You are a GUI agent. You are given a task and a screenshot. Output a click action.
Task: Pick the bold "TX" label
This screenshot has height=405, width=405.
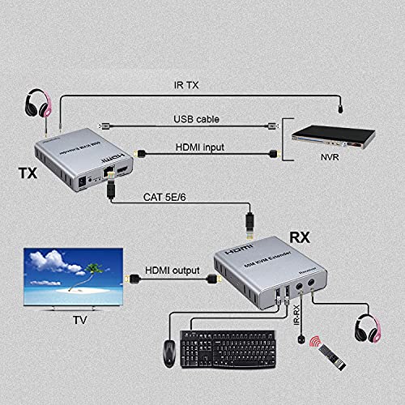27,174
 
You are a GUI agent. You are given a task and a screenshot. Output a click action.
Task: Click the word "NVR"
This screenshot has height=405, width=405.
328,181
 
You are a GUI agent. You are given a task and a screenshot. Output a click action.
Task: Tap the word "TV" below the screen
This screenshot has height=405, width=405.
80,320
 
